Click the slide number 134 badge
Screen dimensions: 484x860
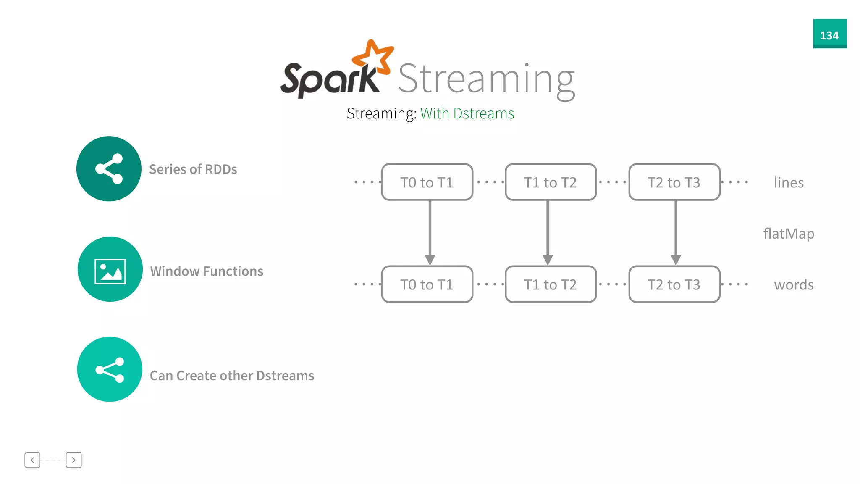829,34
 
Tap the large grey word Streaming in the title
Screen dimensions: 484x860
486,80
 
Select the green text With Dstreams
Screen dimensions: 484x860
467,113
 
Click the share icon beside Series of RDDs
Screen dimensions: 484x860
109,169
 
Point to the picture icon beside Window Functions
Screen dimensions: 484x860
110,271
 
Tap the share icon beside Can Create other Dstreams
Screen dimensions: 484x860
110,370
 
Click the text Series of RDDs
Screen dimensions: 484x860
193,169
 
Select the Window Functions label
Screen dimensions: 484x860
207,271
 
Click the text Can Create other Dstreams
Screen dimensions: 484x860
232,376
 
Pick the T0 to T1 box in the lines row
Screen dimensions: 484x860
427,182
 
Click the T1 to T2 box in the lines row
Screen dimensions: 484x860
551,182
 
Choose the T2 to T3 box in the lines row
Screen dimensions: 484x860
674,182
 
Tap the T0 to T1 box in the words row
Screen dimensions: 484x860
427,284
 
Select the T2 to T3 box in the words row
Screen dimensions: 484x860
674,284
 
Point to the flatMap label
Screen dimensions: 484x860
789,234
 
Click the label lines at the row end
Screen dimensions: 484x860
789,183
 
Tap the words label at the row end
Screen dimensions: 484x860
794,285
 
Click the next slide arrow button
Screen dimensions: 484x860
73,460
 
